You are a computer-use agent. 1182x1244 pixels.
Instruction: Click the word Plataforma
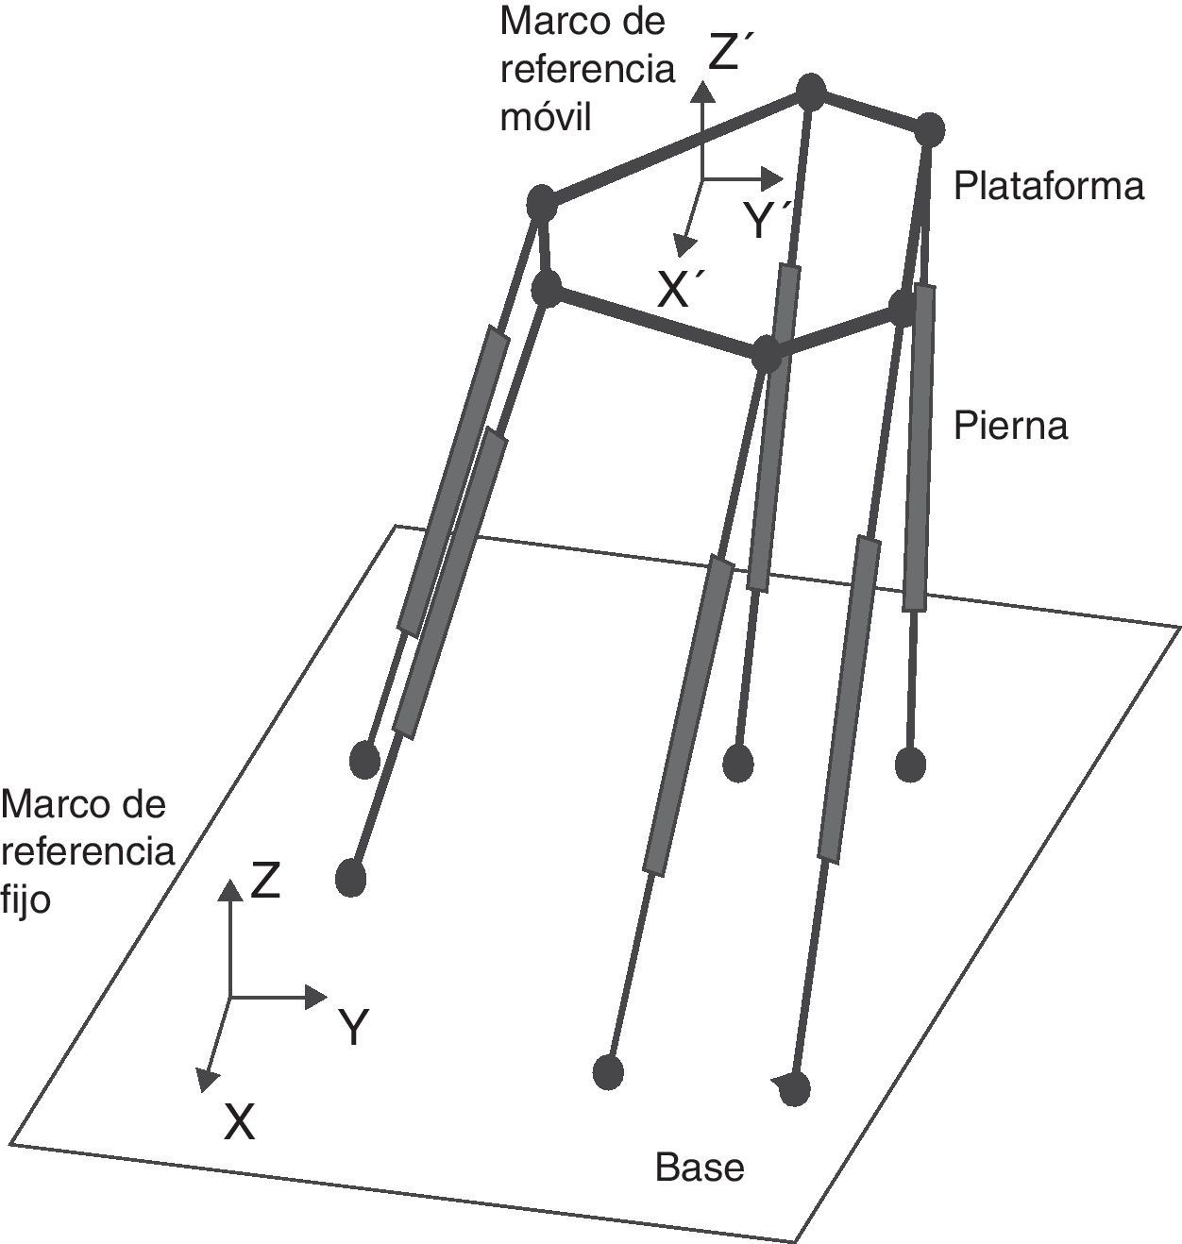1048,186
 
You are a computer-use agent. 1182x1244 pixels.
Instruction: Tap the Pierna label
1010,426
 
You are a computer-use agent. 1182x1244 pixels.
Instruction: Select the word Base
700,1168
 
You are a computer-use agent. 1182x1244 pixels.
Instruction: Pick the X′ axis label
677,292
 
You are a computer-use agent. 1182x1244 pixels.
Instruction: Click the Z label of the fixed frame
265,881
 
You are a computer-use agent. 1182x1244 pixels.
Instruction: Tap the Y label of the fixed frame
353,1028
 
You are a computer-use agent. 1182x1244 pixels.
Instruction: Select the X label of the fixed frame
240,1122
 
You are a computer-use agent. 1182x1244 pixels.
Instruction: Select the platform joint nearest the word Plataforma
930,127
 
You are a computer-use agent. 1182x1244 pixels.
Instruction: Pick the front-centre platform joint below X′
767,355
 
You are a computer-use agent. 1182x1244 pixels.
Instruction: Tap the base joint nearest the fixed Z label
351,877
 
